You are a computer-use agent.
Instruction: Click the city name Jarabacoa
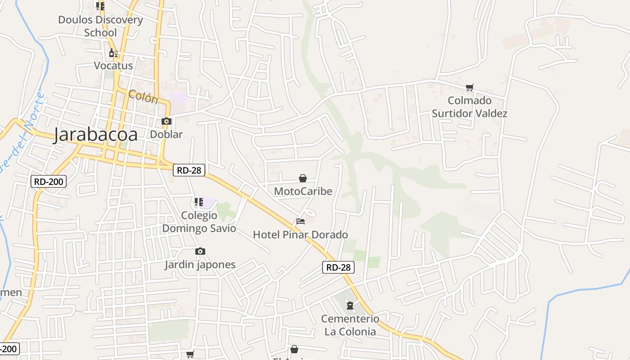[x=95, y=135]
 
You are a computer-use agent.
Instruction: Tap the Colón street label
[x=143, y=96]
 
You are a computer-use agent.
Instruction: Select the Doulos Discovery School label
[x=100, y=26]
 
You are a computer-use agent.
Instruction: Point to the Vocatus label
[x=113, y=66]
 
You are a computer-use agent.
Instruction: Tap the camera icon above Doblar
[x=166, y=121]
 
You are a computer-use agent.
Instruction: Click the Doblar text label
[x=166, y=134]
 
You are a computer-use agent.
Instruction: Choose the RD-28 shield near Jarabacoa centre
[x=189, y=170]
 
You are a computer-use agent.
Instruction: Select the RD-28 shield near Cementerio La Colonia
[x=338, y=267]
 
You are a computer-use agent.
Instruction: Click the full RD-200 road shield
[x=49, y=182]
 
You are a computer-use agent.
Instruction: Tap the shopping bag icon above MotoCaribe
[x=303, y=178]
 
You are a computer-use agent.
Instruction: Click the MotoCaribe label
[x=303, y=191]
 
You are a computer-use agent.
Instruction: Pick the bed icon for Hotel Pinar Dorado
[x=301, y=221]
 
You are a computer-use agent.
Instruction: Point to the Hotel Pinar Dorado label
[x=300, y=234]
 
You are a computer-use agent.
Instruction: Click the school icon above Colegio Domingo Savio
[x=198, y=202]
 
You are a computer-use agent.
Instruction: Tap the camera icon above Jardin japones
[x=200, y=251]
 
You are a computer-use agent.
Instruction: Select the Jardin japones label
[x=200, y=264]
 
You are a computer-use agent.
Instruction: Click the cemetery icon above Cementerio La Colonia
[x=350, y=306]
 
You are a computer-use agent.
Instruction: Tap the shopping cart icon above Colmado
[x=470, y=87]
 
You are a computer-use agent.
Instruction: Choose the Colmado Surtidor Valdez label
[x=469, y=107]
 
